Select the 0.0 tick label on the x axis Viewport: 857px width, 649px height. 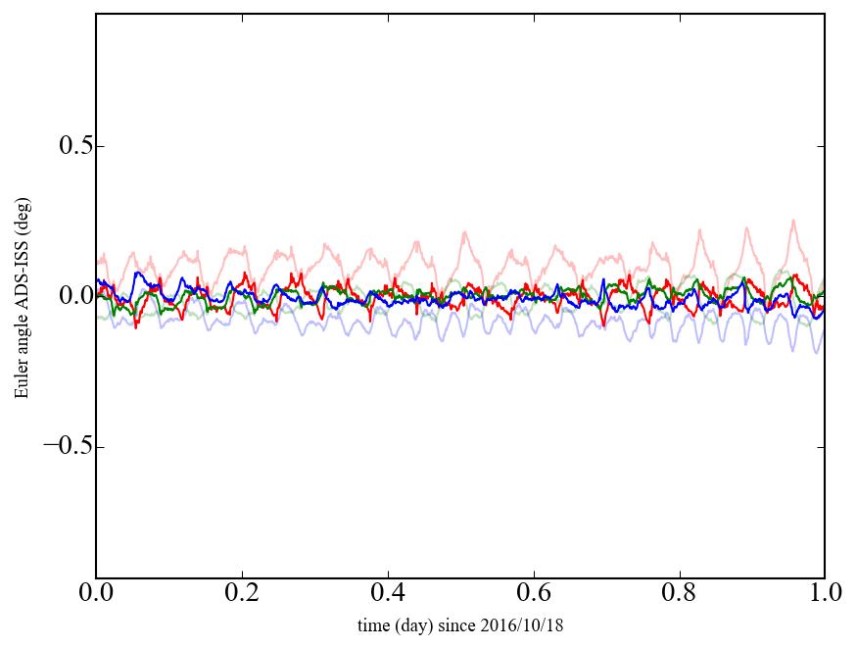(x=96, y=595)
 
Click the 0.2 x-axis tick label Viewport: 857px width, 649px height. (x=242, y=595)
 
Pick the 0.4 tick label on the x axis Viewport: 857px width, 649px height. (x=388, y=595)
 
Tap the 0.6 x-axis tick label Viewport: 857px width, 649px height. (x=534, y=595)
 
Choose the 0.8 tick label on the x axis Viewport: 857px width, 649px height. (x=679, y=595)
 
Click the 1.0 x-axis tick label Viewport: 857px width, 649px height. (x=824, y=595)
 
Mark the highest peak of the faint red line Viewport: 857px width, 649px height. (x=792, y=221)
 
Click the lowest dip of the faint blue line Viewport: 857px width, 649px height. (x=816, y=352)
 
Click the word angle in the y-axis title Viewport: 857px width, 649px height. (x=21, y=340)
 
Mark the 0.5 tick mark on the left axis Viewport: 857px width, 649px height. (x=99, y=147)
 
